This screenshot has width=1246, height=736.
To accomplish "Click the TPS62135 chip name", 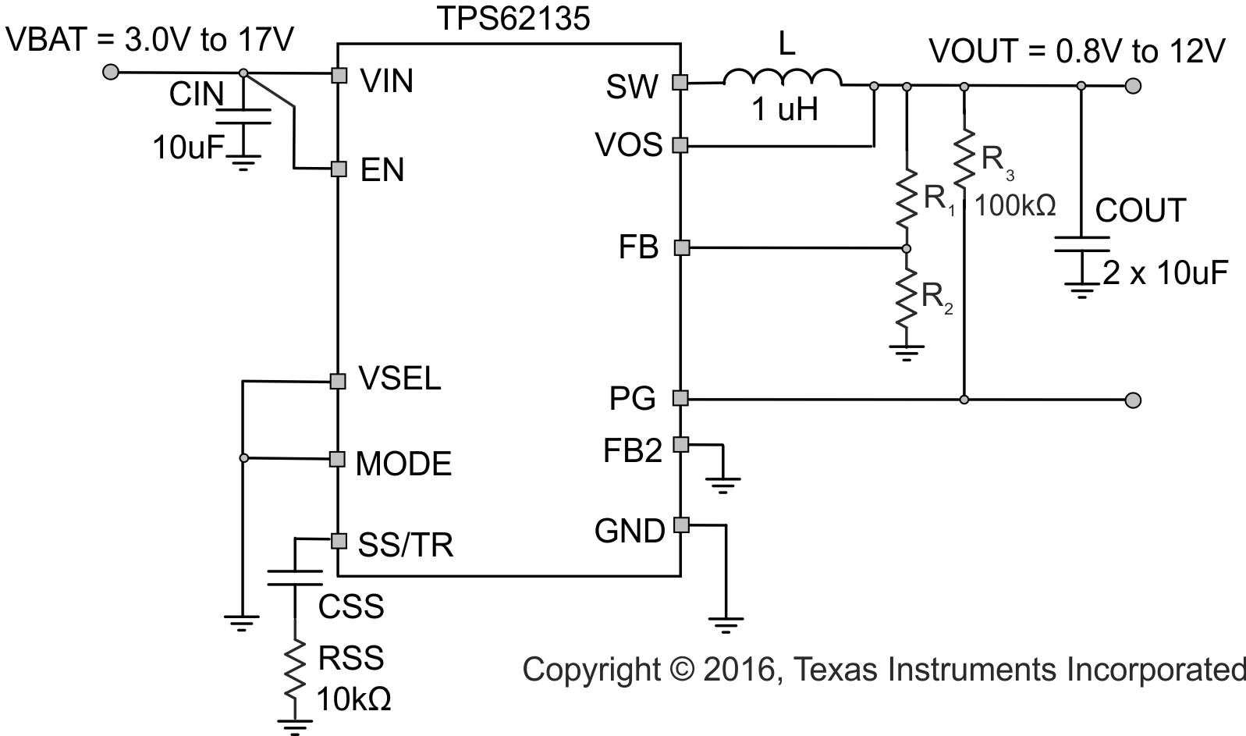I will point(512,17).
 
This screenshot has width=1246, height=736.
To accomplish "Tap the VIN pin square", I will point(339,75).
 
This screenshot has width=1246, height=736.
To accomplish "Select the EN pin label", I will point(382,171).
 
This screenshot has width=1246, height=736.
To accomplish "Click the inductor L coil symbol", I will point(783,78).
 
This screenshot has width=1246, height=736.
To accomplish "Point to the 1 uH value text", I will point(785,110).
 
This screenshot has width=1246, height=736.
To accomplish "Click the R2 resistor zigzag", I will point(907,297).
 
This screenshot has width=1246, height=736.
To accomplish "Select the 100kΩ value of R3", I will point(1015,206).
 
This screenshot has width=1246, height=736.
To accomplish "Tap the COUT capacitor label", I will point(1141,211).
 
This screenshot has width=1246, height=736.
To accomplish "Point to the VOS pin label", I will point(629,145).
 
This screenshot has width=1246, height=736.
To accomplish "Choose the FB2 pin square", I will point(681,444).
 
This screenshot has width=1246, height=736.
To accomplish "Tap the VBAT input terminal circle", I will point(112,73).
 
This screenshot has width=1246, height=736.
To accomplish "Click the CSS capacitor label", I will point(351,606).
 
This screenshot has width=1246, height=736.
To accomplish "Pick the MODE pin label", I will point(403,464).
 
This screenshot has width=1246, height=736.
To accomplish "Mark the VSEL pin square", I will point(338,381).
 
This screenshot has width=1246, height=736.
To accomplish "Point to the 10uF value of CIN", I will point(189,147).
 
